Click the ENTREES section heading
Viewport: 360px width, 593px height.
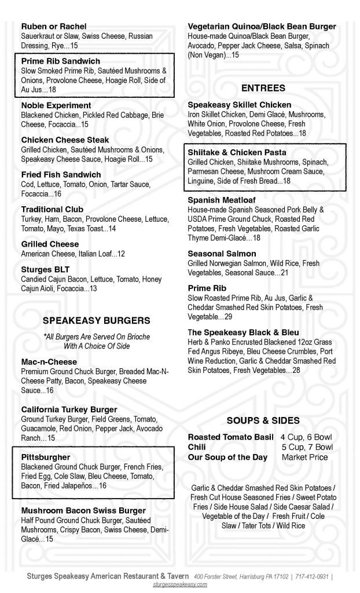pyautogui.click(x=263, y=88)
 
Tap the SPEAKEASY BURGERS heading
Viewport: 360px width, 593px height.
pyautogui.click(x=97, y=320)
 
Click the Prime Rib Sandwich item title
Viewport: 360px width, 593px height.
pyautogui.click(x=60, y=61)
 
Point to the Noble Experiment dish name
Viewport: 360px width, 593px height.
pyautogui.click(x=56, y=105)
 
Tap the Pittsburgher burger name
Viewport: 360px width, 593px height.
pyautogui.click(x=45, y=457)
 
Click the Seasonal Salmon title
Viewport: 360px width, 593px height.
pyautogui.click(x=222, y=254)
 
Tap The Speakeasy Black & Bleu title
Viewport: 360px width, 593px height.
pyautogui.click(x=243, y=332)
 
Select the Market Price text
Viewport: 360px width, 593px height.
pyautogui.click(x=304, y=457)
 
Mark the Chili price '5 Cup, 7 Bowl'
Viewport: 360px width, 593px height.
pyautogui.click(x=307, y=447)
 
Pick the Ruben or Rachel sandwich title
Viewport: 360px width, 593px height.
pyautogui.click(x=53, y=27)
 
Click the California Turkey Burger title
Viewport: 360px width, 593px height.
pyautogui.click(x=69, y=409)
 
